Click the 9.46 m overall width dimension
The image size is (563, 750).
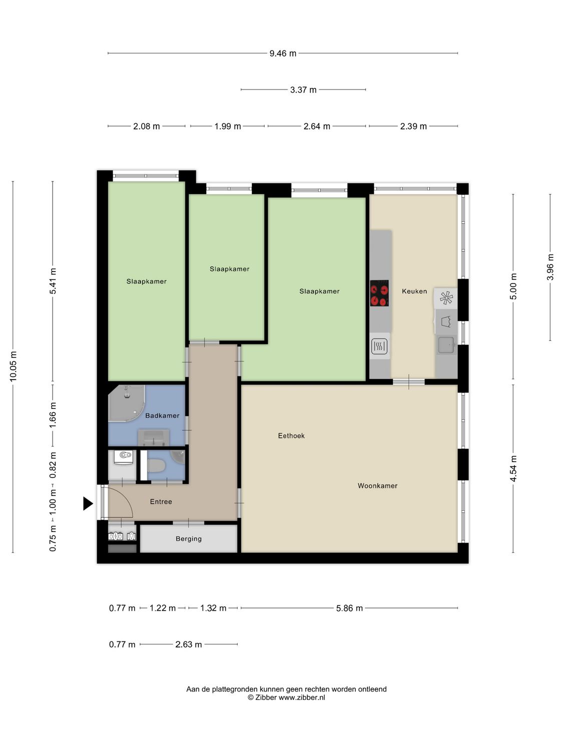tap(283, 53)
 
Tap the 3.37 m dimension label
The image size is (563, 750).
tap(303, 90)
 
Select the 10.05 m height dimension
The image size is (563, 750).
tap(14, 366)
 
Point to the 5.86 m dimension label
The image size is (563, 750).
tap(349, 608)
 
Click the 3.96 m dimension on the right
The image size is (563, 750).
tap(550, 267)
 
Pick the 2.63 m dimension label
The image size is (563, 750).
tap(189, 644)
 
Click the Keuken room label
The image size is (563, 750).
tap(414, 291)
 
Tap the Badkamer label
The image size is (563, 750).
tap(162, 415)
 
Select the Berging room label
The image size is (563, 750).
tap(189, 538)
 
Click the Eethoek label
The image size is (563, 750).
tap(291, 435)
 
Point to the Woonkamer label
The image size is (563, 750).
tap(377, 485)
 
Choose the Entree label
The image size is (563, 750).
tap(161, 501)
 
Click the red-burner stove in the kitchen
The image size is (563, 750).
tap(379, 293)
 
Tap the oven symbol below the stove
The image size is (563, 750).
tap(379, 346)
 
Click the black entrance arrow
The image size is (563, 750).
tap(88, 503)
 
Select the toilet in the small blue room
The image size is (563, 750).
tap(157, 466)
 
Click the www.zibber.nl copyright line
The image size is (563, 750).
tap(286, 697)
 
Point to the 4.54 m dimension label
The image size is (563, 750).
tap(513, 468)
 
